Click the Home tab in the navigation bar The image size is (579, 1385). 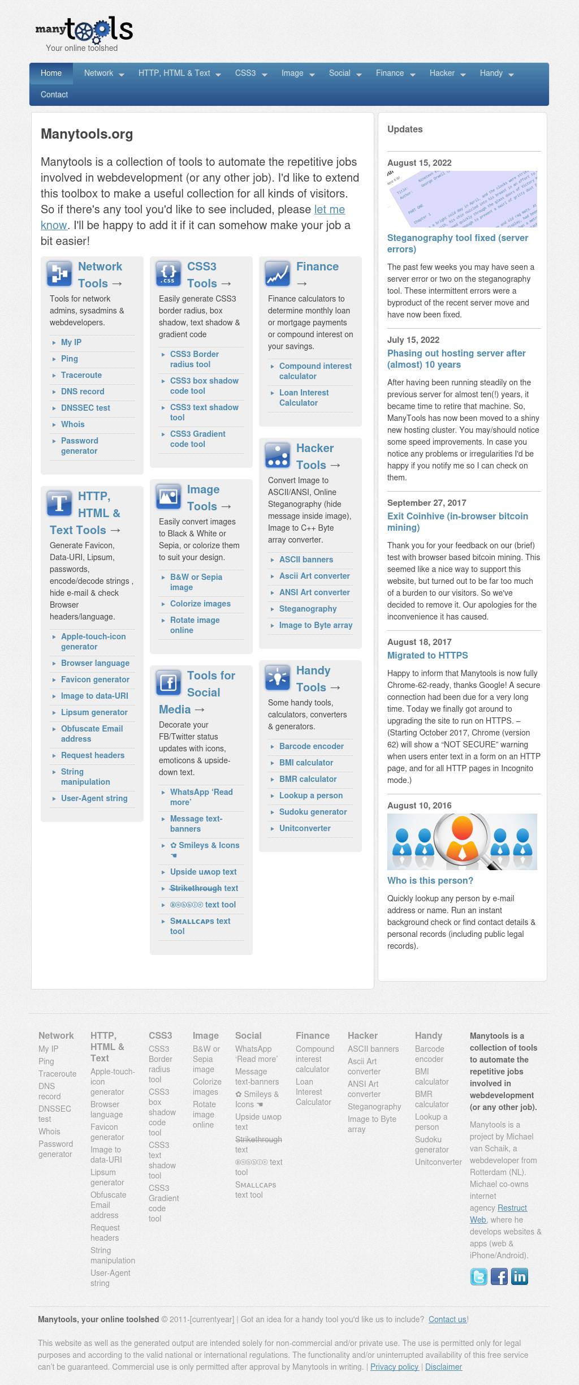click(x=51, y=73)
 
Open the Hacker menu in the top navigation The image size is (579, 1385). click(x=447, y=73)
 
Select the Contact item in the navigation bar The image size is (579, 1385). click(x=54, y=94)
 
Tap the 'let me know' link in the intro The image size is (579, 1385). click(x=329, y=209)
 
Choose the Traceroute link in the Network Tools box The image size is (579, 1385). click(x=81, y=375)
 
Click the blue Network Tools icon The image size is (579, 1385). click(x=59, y=274)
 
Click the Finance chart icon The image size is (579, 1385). click(x=278, y=274)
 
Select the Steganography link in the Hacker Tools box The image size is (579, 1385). click(x=308, y=609)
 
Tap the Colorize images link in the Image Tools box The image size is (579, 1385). click(x=200, y=604)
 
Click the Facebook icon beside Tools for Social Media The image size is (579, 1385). click(x=168, y=683)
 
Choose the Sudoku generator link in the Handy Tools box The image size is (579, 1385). click(x=313, y=812)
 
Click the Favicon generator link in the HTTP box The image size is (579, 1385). click(x=95, y=679)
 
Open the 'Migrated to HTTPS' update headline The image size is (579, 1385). click(x=427, y=655)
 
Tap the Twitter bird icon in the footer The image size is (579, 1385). click(x=479, y=1277)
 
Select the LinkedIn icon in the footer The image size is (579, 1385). click(x=519, y=1277)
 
